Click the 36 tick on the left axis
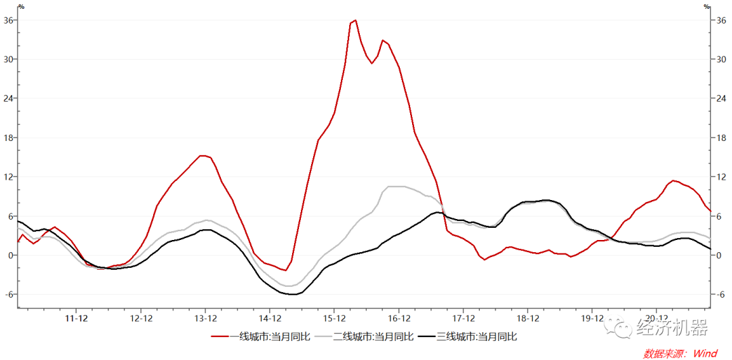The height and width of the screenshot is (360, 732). click(9, 20)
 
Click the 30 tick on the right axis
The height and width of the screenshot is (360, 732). click(721, 59)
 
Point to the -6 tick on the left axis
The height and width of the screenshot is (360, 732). click(9, 294)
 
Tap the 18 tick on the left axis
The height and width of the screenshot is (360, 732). click(9, 138)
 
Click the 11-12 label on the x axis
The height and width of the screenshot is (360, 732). click(77, 317)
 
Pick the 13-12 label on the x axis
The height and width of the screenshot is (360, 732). click(205, 317)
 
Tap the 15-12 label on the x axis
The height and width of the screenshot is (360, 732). click(335, 317)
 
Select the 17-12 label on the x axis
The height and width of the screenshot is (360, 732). click(464, 317)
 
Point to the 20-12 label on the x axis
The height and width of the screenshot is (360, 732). click(657, 317)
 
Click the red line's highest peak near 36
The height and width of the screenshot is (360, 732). click(355, 20)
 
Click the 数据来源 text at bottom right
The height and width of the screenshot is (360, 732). click(664, 353)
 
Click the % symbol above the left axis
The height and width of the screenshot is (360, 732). click(21, 7)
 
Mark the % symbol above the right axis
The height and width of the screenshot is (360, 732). click(707, 7)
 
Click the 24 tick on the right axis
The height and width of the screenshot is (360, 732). click(721, 98)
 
